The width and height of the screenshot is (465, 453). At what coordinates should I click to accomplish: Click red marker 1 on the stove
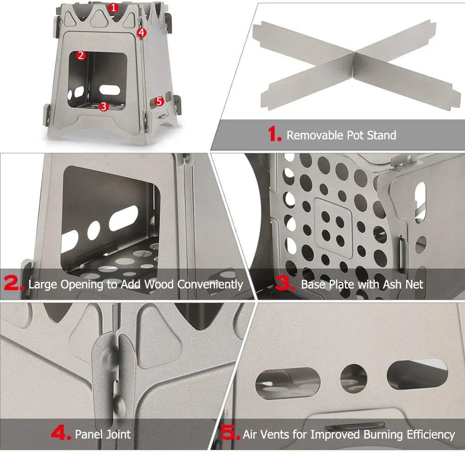[114, 7]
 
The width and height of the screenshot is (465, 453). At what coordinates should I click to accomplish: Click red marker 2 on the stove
[81, 55]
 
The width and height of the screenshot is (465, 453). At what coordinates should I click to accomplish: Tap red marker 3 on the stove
[104, 106]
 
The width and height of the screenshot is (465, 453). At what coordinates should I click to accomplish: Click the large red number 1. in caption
[274, 135]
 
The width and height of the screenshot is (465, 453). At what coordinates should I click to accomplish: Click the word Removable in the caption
[315, 135]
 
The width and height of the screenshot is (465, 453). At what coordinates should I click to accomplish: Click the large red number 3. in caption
[286, 284]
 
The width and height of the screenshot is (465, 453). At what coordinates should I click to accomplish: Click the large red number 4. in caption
[60, 434]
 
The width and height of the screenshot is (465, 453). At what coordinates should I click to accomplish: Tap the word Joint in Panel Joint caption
[117, 434]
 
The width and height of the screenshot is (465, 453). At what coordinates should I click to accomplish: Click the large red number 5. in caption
[230, 434]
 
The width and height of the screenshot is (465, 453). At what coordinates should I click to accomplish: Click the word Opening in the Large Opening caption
[86, 284]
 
